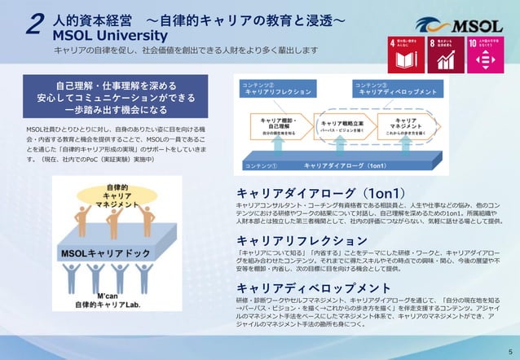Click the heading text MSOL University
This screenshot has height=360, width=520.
[x=110, y=36]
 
